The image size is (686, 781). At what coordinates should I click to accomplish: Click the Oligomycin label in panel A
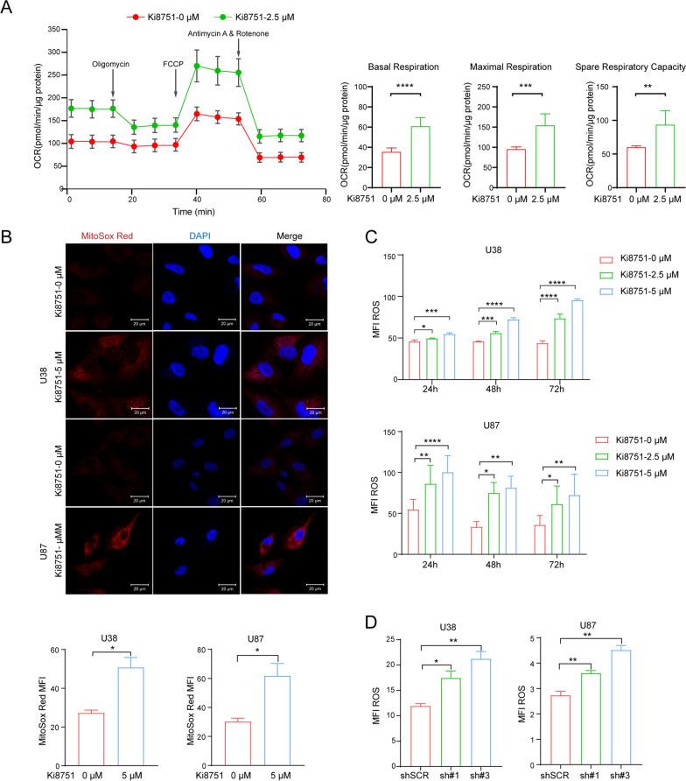113,63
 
